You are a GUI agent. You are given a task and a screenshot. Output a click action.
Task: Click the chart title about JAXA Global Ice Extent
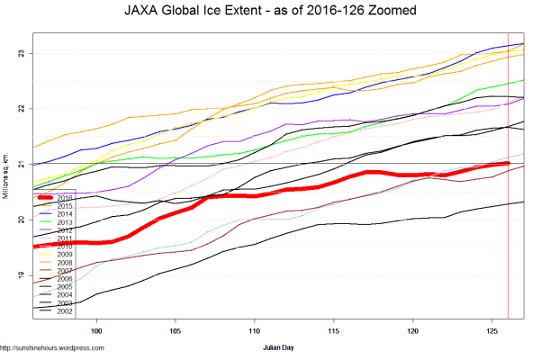coord(270,13)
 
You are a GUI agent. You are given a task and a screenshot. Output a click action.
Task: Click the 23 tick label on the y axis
coord(22,53)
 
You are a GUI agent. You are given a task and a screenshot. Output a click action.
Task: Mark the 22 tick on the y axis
coord(22,108)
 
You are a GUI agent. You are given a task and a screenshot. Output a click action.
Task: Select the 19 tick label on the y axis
coord(22,274)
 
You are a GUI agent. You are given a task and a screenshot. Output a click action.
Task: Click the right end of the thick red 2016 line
coord(508,164)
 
